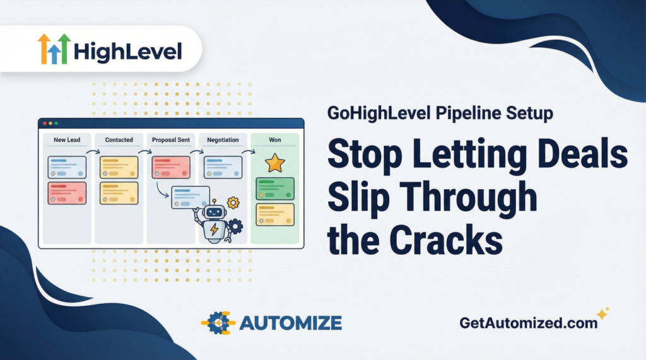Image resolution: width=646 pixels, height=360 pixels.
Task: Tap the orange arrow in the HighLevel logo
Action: click(x=44, y=49)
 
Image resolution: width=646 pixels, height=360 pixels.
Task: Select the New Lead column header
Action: click(x=67, y=139)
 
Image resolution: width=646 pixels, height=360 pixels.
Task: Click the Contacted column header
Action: click(x=119, y=139)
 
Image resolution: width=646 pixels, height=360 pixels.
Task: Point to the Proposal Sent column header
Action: click(x=171, y=139)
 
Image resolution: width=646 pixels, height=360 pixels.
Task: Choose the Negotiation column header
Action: click(x=223, y=139)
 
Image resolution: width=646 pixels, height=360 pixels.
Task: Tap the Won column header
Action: click(x=274, y=139)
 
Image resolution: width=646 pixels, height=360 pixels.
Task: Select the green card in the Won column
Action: click(x=275, y=189)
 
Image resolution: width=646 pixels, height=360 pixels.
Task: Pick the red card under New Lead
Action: click(x=67, y=193)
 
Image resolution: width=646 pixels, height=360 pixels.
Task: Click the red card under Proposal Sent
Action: click(x=171, y=167)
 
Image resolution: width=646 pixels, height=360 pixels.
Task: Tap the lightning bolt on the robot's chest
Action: click(x=214, y=231)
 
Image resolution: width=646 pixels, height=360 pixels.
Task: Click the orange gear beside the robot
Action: click(x=233, y=202)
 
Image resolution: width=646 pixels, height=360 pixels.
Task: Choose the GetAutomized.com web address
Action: click(x=529, y=323)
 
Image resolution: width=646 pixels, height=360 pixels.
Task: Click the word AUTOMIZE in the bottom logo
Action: click(x=291, y=323)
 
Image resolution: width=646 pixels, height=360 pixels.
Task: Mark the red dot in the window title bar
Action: click(x=44, y=123)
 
